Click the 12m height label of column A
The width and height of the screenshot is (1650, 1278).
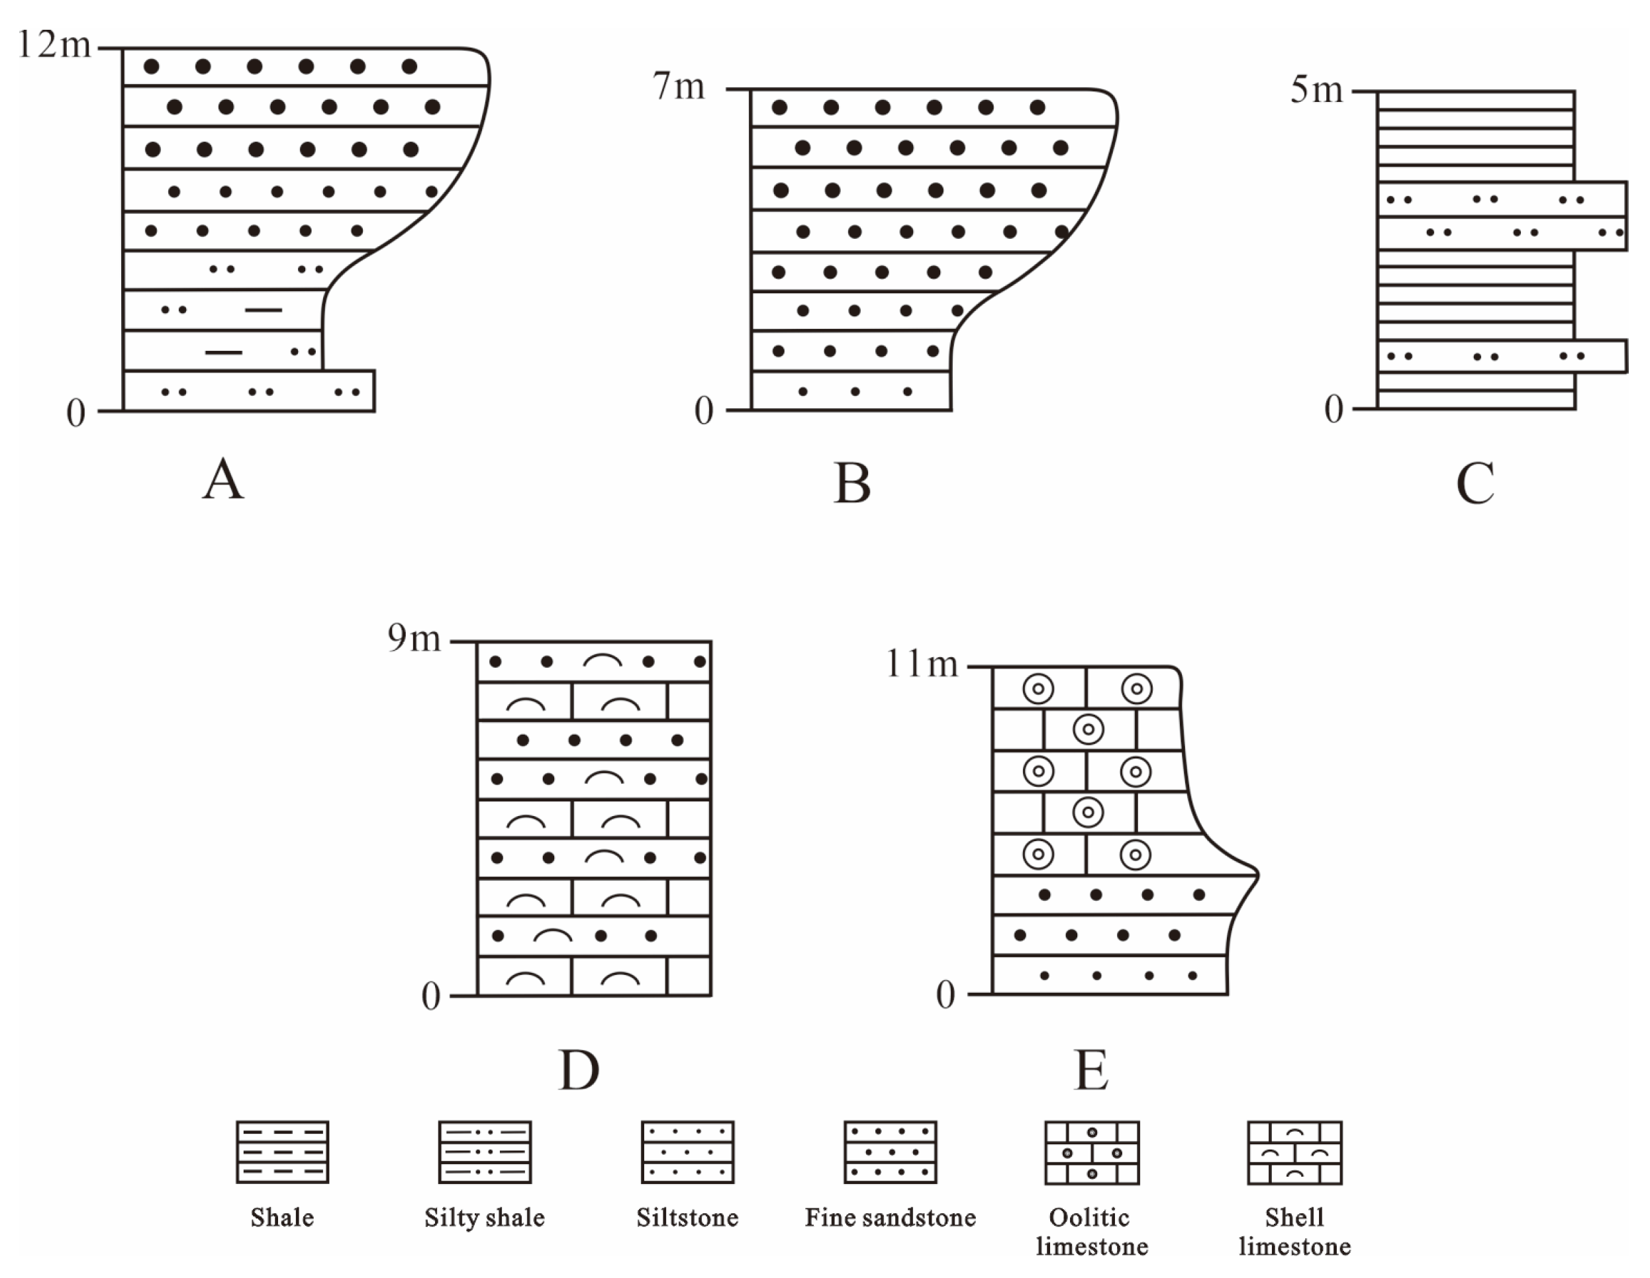(54, 45)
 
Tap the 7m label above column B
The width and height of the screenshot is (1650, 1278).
(679, 87)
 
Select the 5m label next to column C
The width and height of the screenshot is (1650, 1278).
(1316, 91)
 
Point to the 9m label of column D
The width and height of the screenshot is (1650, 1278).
(414, 639)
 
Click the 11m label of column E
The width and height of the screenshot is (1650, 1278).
(921, 664)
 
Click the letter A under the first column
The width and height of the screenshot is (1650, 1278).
(223, 480)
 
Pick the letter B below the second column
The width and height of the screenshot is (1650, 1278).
(852, 483)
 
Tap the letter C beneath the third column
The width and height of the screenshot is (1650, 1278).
(1475, 483)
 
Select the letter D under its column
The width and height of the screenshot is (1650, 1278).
(579, 1070)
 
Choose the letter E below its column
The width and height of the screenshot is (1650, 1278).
(1091, 1070)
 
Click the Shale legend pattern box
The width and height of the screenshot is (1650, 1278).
(283, 1152)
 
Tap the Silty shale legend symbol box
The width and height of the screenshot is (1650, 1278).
(485, 1152)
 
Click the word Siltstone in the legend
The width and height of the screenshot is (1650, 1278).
(687, 1218)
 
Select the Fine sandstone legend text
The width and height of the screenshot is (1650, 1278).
(890, 1218)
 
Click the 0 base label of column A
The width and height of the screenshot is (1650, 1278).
(75, 413)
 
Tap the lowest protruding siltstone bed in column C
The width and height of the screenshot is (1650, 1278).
(1501, 357)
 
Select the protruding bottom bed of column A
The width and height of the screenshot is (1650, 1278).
(250, 391)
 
